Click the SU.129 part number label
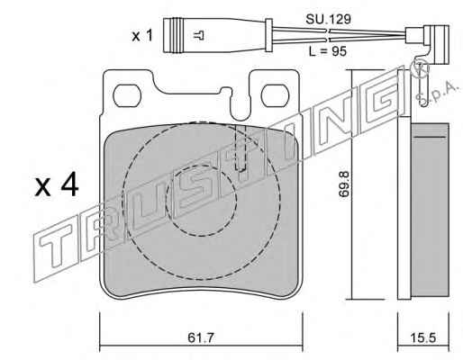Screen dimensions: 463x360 [328, 20]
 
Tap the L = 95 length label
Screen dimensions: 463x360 [328, 51]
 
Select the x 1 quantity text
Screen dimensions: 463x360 [142, 36]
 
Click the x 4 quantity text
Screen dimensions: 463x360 [57, 186]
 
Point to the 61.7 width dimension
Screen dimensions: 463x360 [201, 338]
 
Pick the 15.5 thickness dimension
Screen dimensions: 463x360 [422, 338]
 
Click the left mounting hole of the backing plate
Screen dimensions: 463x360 [127, 95]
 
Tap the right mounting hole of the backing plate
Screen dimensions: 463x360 [276, 95]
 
